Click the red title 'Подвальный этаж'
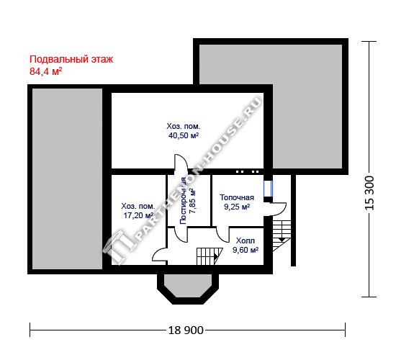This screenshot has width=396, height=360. [71, 59]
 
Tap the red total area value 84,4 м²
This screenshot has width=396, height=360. [45, 72]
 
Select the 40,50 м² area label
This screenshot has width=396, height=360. [184, 135]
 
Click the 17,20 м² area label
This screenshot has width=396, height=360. [138, 215]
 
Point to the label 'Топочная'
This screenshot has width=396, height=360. [237, 197]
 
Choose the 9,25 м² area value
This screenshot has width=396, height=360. [237, 207]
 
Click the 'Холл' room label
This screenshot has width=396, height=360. [246, 240]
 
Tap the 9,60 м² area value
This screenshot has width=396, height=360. [246, 250]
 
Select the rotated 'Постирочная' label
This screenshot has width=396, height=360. [183, 201]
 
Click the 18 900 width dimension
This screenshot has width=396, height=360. [186, 330]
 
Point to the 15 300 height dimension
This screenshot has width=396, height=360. [369, 193]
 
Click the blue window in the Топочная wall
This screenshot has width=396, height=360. [268, 189]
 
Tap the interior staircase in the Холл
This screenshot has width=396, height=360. [210, 256]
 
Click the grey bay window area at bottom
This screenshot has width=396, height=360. [188, 285]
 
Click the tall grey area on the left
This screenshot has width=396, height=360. [68, 179]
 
